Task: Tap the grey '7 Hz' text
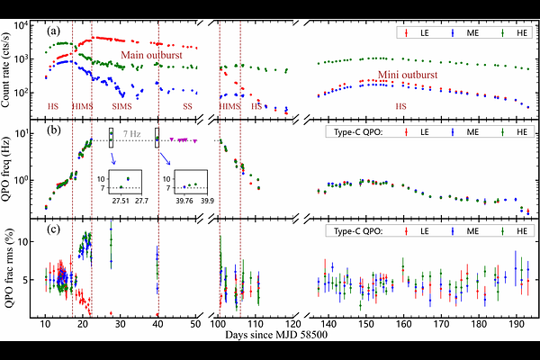(x=131, y=134)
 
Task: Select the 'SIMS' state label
(x=121, y=106)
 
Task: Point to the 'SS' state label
(x=187, y=106)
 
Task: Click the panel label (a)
(x=54, y=31)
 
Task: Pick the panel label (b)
(x=54, y=133)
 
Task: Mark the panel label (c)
(x=54, y=229)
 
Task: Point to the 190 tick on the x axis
(x=514, y=322)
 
